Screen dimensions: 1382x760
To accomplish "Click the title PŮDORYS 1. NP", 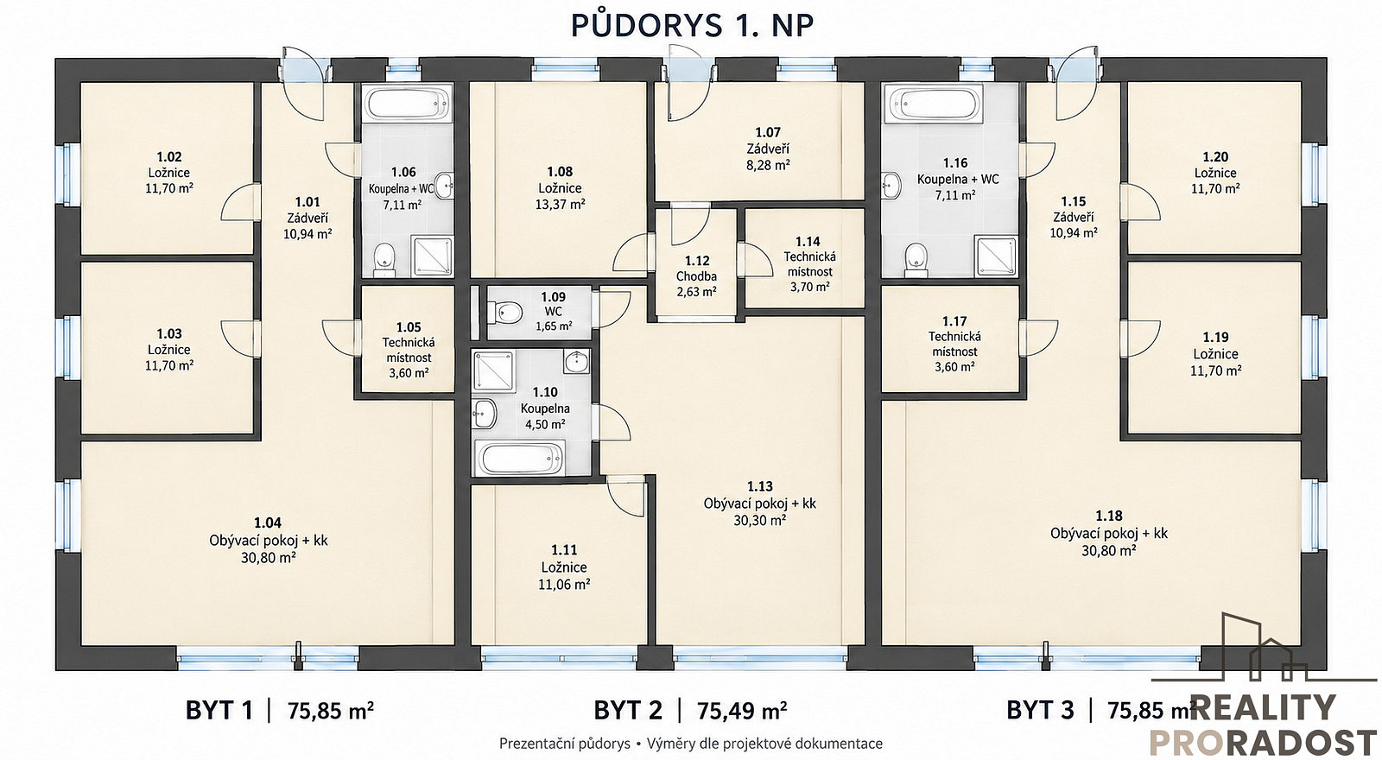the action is tap(692, 25).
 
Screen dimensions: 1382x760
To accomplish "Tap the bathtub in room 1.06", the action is tap(409, 104).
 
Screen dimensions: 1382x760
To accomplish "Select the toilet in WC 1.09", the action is tap(504, 313).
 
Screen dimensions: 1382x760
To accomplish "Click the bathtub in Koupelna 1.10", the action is tap(519, 458).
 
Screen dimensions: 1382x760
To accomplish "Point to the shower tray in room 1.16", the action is tap(996, 256).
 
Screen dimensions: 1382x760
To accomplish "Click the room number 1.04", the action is tap(268, 523).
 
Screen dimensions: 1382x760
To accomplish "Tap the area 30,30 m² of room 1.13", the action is tap(759, 520).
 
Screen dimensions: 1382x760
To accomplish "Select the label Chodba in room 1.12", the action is tap(696, 276).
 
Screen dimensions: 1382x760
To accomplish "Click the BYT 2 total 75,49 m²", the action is tap(742, 711).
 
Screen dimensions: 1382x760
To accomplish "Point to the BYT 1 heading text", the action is tap(219, 711).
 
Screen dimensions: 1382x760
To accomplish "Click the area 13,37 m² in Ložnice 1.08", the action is tap(561, 204).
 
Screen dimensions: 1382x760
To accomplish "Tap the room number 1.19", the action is tap(1215, 338).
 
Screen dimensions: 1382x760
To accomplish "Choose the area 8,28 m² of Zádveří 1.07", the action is tap(768, 165).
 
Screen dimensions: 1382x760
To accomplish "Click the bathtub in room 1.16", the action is tap(931, 104).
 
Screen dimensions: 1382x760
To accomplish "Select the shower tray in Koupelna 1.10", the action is tap(493, 371).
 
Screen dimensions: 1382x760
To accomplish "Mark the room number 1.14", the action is tap(808, 241).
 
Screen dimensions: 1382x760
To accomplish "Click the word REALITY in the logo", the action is tap(1262, 707).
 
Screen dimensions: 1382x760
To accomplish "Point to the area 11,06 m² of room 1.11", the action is tap(564, 584).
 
